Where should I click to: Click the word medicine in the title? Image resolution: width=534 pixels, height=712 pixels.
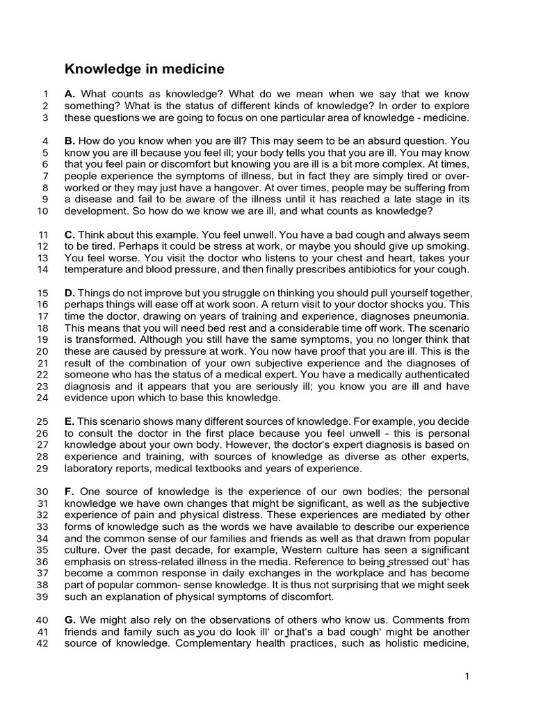coord(193,69)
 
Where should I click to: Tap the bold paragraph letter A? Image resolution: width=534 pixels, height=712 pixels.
coord(70,94)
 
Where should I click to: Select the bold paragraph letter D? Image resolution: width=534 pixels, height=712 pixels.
coord(70,293)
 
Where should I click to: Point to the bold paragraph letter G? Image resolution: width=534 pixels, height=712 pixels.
coord(70,620)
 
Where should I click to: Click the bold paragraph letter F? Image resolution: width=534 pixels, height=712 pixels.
coord(69,492)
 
